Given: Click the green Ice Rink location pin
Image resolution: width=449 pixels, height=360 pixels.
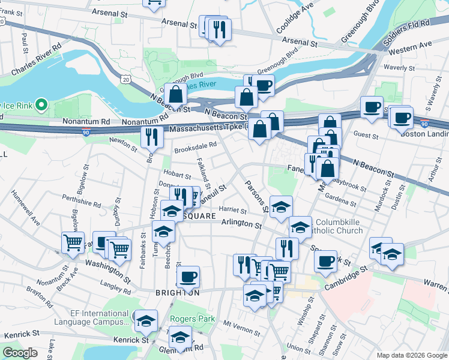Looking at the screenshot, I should pyautogui.click(x=41, y=106).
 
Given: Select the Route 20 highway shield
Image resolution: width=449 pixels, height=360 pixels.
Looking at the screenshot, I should pyautogui.click(x=125, y=79).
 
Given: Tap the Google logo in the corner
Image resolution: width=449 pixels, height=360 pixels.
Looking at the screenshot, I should pyautogui.click(x=20, y=353).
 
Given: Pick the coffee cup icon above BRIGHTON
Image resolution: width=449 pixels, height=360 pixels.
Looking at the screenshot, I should pyautogui.click(x=188, y=277).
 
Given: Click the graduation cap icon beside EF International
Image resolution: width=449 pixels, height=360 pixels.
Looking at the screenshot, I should pyautogui.click(x=146, y=320).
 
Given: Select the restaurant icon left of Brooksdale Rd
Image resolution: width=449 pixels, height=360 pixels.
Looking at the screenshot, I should pyautogui.click(x=152, y=137).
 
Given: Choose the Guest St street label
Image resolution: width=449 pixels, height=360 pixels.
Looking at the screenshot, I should pyautogui.click(x=366, y=136).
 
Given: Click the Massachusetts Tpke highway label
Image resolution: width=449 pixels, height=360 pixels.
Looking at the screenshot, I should pyautogui.click(x=207, y=128).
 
